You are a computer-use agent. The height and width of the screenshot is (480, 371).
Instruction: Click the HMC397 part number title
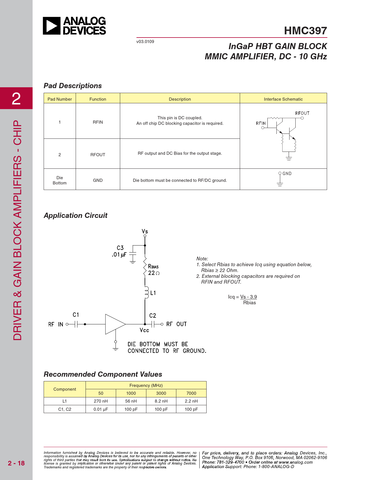click(305, 31)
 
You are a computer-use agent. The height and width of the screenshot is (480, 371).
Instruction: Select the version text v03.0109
click(145, 42)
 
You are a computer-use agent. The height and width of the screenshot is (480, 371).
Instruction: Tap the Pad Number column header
click(60, 99)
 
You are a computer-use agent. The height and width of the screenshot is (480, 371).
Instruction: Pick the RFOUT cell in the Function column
click(98, 154)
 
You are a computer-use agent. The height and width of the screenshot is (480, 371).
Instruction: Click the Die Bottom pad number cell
click(60, 180)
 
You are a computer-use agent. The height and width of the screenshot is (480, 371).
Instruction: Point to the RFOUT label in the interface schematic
click(302, 113)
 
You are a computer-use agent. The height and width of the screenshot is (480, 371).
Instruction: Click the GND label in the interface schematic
click(287, 174)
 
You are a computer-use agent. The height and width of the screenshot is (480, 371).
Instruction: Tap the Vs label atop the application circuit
click(145, 232)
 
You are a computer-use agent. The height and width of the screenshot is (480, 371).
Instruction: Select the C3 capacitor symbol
click(133, 254)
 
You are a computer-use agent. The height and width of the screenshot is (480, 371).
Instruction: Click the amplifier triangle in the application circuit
click(115, 324)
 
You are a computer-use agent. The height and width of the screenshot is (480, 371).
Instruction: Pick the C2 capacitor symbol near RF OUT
click(153, 324)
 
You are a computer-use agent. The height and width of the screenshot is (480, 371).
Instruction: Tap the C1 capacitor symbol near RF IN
click(76, 324)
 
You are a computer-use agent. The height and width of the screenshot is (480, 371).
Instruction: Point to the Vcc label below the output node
click(144, 330)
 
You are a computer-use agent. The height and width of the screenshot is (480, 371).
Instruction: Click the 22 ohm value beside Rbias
click(154, 273)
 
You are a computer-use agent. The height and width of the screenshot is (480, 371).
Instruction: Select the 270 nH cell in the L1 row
click(101, 401)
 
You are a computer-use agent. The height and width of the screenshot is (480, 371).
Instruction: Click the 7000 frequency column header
click(191, 393)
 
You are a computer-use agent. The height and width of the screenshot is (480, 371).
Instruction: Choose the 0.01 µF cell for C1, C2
click(101, 409)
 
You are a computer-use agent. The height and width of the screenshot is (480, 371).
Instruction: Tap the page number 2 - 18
click(16, 463)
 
